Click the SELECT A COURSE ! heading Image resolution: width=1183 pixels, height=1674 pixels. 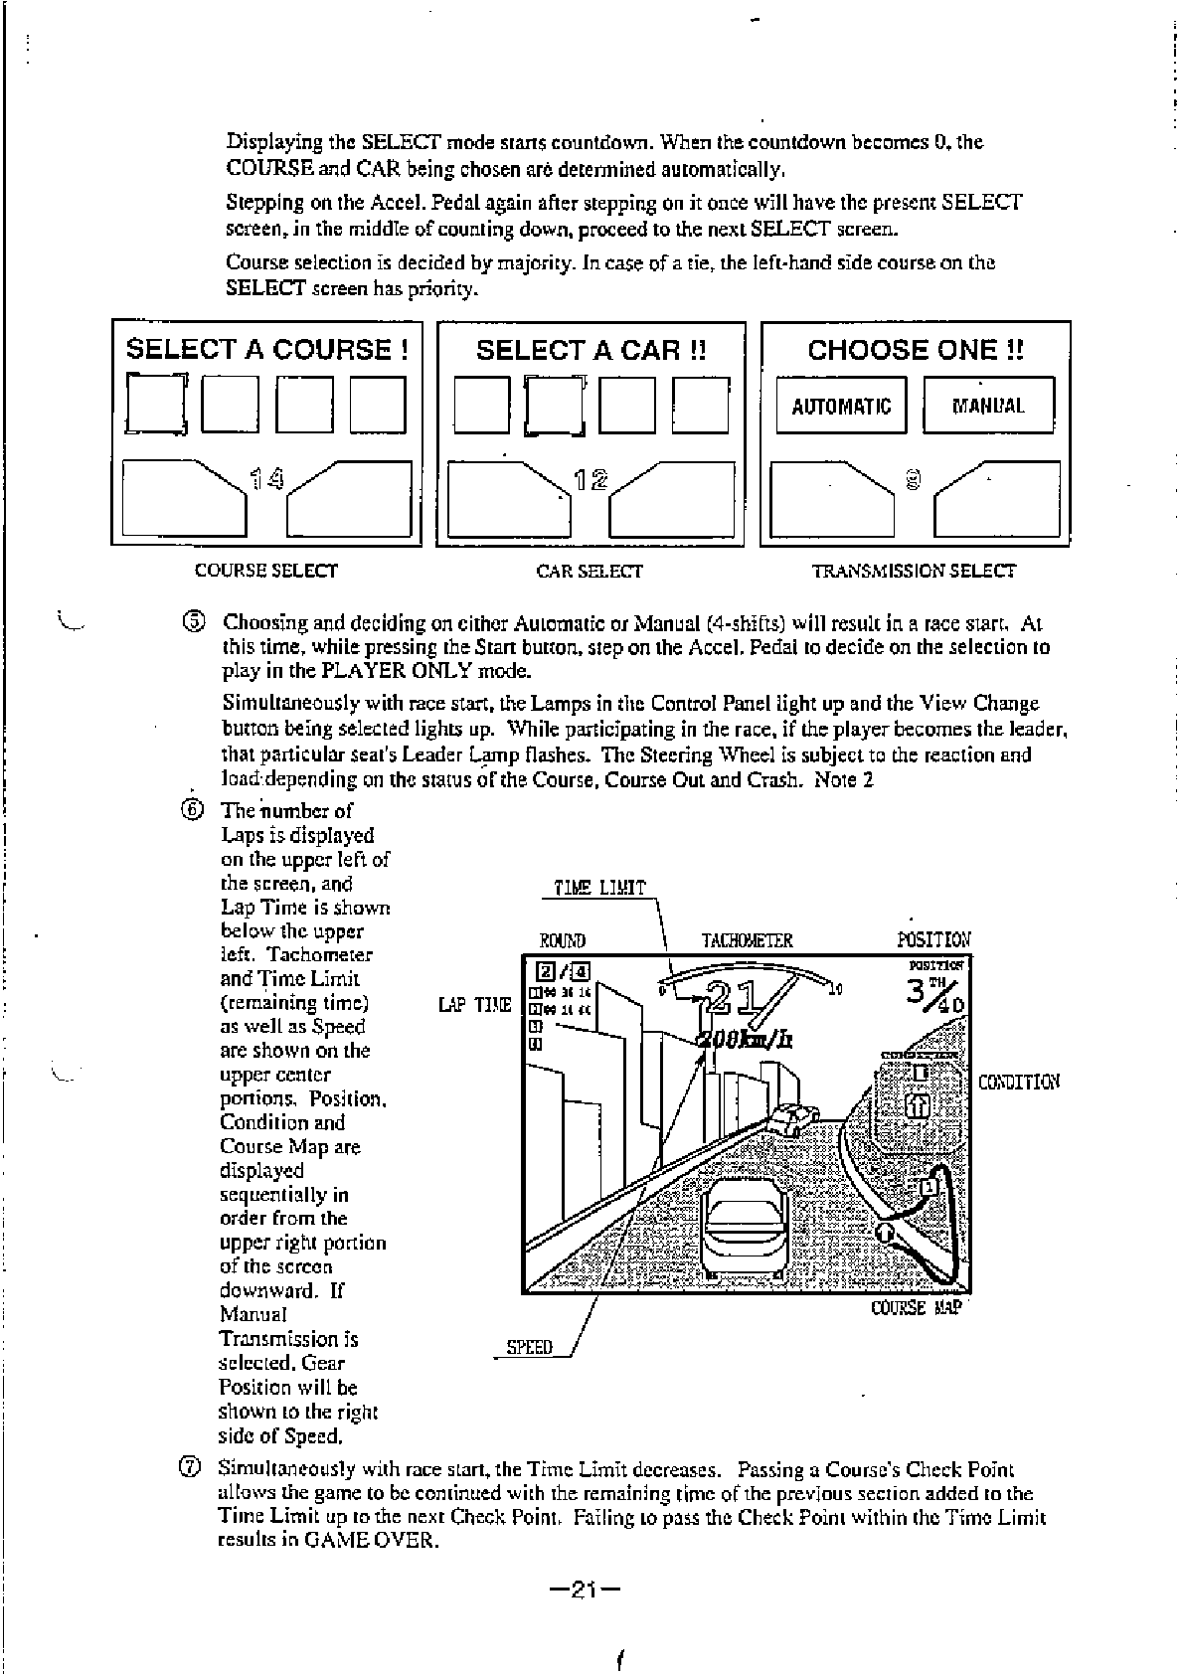266,350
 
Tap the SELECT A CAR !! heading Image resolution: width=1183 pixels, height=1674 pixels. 591,350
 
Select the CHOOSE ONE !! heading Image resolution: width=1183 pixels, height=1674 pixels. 915,350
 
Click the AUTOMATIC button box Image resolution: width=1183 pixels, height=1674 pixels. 841,406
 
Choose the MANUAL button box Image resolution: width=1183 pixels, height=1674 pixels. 988,406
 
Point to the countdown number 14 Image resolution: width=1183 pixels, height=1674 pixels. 266,482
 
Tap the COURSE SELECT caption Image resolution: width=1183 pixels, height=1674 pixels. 265,571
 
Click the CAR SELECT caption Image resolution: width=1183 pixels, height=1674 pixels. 590,572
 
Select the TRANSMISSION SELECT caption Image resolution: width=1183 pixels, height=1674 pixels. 914,572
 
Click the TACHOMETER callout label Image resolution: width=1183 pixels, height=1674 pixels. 748,940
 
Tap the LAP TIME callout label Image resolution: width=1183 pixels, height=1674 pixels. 474,1005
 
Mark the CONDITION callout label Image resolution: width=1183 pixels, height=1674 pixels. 1019,1082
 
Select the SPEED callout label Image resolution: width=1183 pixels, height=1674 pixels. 529,1348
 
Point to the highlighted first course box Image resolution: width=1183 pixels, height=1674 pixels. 157,405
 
